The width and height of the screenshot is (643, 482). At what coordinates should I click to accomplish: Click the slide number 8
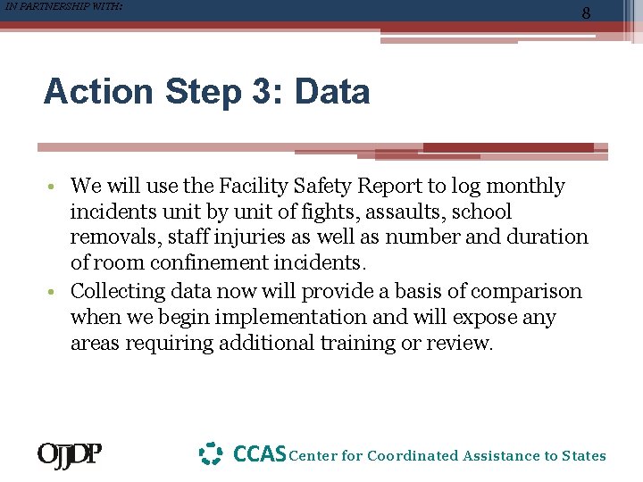click(586, 13)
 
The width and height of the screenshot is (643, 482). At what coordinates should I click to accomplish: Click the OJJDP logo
click(69, 455)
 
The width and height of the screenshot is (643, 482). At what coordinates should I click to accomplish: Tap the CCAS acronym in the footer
click(259, 454)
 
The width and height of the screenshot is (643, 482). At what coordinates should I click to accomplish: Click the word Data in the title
click(332, 92)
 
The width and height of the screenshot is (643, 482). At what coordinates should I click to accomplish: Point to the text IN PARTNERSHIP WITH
click(63, 6)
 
